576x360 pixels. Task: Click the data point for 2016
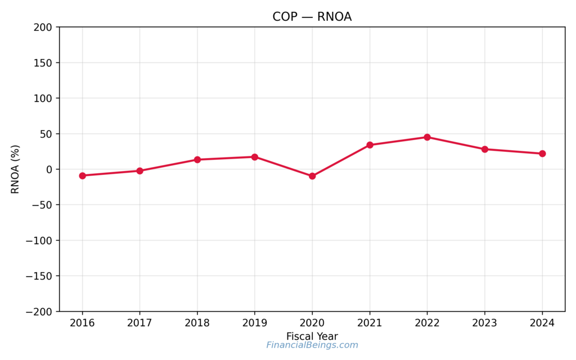click(83, 175)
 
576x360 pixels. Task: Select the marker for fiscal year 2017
click(140, 170)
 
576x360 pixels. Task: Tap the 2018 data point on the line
click(197, 160)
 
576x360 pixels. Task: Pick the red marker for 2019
click(255, 157)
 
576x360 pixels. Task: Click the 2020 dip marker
click(312, 176)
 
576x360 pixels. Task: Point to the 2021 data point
click(370, 145)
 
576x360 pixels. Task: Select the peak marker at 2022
click(427, 137)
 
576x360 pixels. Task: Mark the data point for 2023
click(485, 149)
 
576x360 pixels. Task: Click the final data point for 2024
click(542, 154)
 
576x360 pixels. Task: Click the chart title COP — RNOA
click(312, 17)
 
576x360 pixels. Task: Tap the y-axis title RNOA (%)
click(15, 169)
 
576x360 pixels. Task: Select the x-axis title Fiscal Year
click(312, 336)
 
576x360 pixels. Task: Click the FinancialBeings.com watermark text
click(312, 345)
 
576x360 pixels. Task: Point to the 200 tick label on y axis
click(43, 27)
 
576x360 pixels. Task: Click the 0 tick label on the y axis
click(49, 169)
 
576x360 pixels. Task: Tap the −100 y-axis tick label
click(39, 241)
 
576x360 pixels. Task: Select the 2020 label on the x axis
click(312, 323)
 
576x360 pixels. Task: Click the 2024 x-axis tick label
click(542, 323)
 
